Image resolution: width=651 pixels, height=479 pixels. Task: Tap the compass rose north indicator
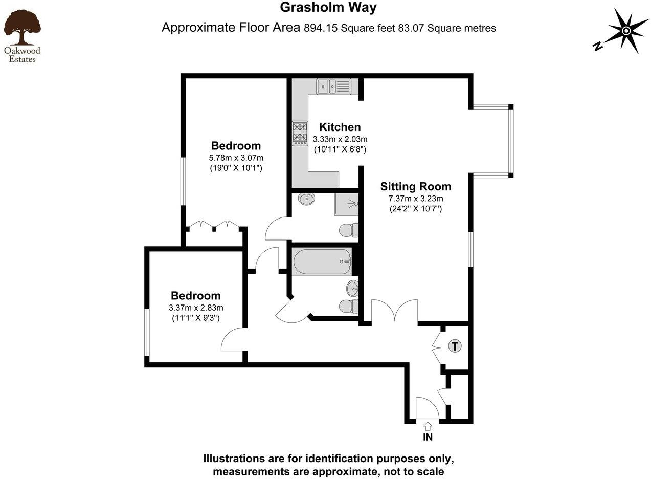626,31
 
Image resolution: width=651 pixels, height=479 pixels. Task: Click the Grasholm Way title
328,8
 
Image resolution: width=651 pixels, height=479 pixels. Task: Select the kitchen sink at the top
333,86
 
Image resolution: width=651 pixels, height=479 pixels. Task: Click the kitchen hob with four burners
300,133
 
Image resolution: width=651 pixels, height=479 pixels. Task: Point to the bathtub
322,262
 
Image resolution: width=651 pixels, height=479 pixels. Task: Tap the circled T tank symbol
455,346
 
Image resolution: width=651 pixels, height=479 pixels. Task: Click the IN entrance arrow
428,426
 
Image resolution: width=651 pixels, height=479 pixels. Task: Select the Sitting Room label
415,186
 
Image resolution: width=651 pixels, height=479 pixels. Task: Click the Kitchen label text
340,127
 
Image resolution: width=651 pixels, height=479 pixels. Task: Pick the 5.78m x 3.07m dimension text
236,158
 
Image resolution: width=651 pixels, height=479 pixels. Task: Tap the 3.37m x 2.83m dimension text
196,308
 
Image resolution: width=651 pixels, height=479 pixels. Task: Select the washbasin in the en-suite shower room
307,199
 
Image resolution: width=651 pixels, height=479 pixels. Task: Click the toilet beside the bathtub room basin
349,306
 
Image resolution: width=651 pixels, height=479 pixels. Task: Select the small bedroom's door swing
233,340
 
